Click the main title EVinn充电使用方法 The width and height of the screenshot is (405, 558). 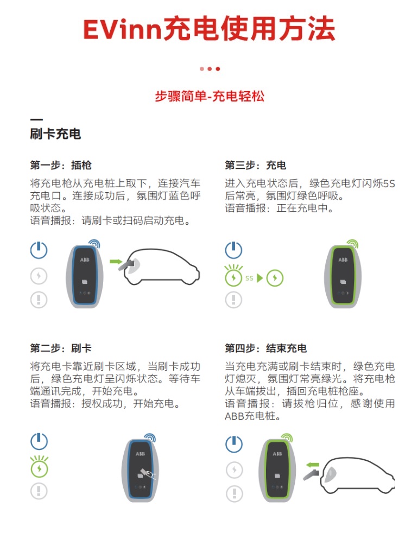(x=209, y=29)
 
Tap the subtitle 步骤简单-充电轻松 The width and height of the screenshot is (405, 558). (x=209, y=96)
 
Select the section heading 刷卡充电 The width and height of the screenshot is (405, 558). (x=55, y=134)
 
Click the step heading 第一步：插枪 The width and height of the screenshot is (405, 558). (x=61, y=165)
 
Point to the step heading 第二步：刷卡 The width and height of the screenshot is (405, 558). (x=61, y=348)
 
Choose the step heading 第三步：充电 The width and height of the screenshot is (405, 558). (x=256, y=165)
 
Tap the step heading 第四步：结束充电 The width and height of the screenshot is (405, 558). (x=266, y=348)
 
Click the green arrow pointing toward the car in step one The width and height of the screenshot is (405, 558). (x=116, y=262)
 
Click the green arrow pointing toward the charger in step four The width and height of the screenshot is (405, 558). (x=313, y=465)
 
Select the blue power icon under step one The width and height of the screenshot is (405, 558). (x=39, y=250)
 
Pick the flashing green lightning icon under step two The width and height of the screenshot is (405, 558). (x=39, y=466)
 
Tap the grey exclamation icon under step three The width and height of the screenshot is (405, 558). (x=234, y=300)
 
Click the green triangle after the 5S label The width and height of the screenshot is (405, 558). (x=260, y=278)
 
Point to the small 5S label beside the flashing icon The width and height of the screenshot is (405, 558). (x=249, y=278)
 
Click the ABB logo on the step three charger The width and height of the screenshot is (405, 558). (x=343, y=260)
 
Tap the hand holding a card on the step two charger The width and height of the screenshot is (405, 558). (x=147, y=473)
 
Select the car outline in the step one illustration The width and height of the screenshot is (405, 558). (x=162, y=267)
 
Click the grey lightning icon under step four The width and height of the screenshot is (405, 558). (x=234, y=470)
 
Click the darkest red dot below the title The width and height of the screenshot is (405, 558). (x=218, y=69)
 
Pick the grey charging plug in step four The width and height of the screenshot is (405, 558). (x=311, y=474)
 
